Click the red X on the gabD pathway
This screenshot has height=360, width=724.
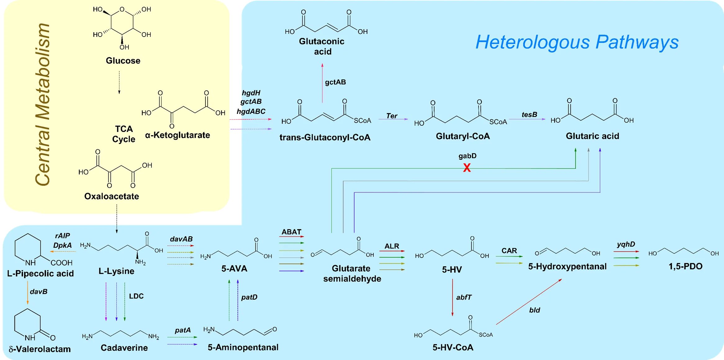[x=467, y=168]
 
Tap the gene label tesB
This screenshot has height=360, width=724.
[x=529, y=115]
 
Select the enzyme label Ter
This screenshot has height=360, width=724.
[x=392, y=116]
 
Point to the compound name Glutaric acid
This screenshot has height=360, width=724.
[x=592, y=136]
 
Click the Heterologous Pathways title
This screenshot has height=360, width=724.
[x=577, y=42]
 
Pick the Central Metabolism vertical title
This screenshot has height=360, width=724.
[x=43, y=104]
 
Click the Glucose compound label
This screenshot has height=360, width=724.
[x=123, y=61]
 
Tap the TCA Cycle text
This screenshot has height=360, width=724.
[x=124, y=134]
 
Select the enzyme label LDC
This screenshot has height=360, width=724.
[x=136, y=296]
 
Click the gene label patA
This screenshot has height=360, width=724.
[x=182, y=330]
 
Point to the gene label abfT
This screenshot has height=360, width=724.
[x=464, y=297]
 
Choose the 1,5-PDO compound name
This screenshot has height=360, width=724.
[x=685, y=266]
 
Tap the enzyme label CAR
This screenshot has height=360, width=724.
[x=509, y=250]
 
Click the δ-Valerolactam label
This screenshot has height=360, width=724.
[x=40, y=349]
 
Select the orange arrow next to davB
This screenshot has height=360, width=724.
[x=28, y=293]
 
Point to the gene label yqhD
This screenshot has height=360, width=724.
[x=626, y=244]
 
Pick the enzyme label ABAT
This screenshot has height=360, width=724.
[x=291, y=232]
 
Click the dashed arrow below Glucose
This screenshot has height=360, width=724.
[x=119, y=83]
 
